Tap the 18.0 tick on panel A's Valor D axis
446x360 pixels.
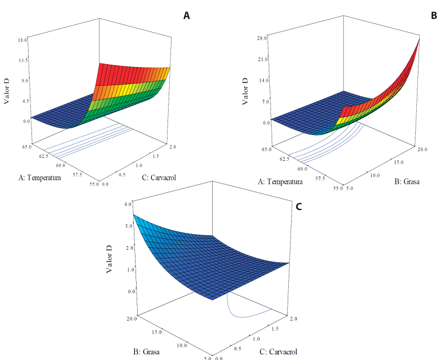[23, 40]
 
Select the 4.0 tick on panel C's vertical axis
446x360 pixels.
[129, 204]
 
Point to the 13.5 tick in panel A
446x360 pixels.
[23, 60]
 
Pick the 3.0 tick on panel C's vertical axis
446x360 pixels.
[129, 226]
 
